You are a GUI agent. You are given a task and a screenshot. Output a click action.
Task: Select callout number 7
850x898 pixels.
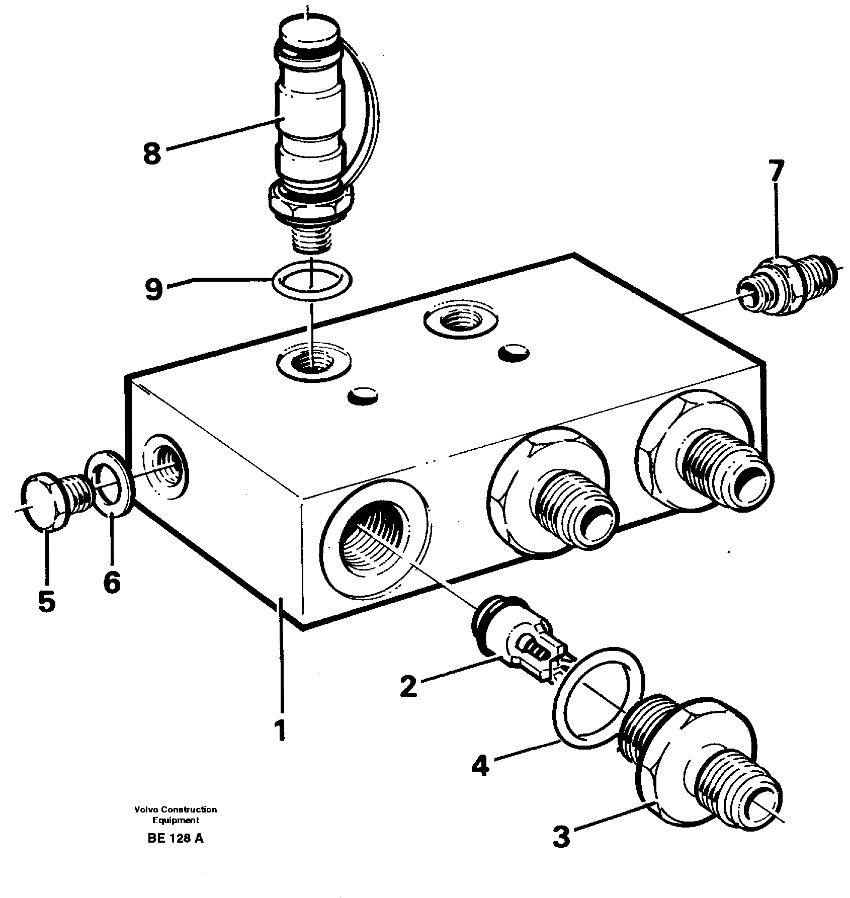click(776, 172)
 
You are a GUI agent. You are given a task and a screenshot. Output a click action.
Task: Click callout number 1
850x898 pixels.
click(280, 729)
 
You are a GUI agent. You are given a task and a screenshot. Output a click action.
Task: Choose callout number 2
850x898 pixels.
click(408, 687)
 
